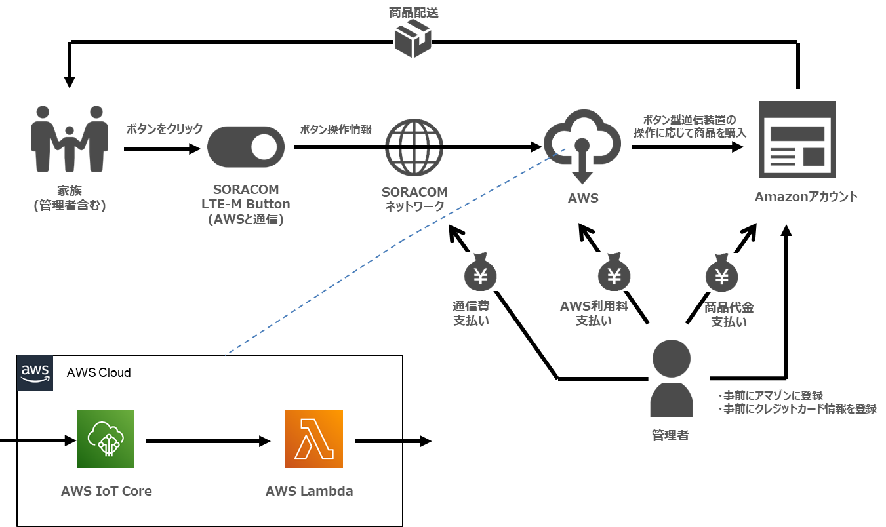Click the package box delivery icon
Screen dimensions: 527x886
(413, 38)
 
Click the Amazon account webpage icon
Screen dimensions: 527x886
(797, 139)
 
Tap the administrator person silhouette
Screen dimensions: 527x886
(672, 378)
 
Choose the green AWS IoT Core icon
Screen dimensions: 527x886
(106, 439)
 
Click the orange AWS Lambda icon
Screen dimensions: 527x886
(313, 439)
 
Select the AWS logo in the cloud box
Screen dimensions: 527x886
(35, 373)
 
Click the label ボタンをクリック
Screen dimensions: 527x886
(165, 129)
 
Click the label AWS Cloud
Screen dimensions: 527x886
(98, 373)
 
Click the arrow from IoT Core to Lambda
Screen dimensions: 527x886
(209, 441)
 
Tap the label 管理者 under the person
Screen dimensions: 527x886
(670, 435)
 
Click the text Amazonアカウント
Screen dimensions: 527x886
(806, 197)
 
